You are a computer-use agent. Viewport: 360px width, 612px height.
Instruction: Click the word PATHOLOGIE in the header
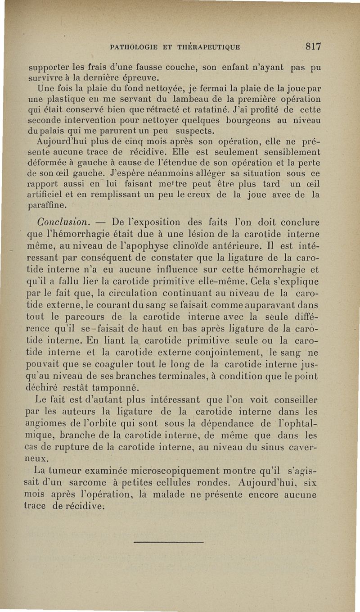tap(132, 46)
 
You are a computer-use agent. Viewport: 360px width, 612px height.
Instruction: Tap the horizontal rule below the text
tap(169, 542)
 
